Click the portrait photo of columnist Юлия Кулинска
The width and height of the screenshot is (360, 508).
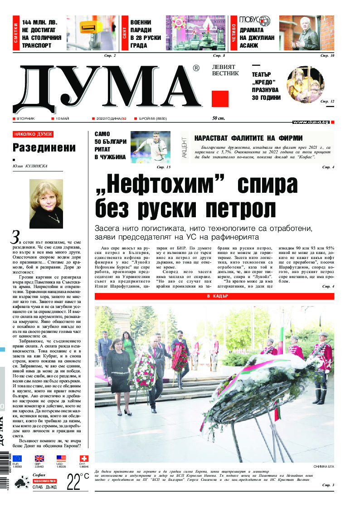click(46, 203)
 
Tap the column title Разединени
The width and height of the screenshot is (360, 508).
click(44, 147)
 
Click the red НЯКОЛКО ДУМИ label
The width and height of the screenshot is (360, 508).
click(33, 134)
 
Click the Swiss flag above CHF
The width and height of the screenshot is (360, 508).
click(84, 459)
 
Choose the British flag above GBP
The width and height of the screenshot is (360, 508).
click(39, 459)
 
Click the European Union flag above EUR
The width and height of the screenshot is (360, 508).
click(17, 459)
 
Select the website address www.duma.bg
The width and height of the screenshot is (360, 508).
click(311, 122)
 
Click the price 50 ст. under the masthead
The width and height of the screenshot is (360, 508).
click(219, 119)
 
